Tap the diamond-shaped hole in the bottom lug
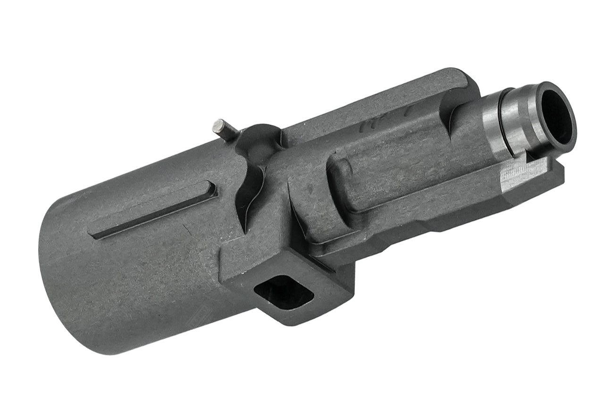[284, 293]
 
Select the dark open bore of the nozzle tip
[557, 114]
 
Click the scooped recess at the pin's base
[260, 139]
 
